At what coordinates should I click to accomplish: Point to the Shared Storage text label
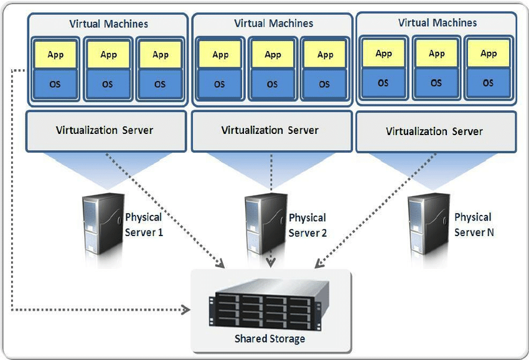pos(269,339)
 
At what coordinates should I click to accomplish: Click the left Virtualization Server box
pos(105,130)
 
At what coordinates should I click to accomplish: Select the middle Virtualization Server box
pos(270,130)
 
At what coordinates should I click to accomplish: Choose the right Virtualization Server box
pos(434,131)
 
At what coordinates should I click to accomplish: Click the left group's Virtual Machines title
pos(108,24)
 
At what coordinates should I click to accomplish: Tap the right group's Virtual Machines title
pos(437,22)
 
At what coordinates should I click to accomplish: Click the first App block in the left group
pos(55,54)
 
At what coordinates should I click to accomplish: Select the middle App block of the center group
pos(273,54)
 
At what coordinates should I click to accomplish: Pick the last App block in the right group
pos(489,53)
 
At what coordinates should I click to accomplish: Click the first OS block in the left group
pos(55,84)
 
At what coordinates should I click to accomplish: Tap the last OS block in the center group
pos(325,84)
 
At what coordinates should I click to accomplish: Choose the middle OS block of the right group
pos(436,82)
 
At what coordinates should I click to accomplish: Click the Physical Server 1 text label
pos(144,224)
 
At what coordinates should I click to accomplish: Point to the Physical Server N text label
pos(473,224)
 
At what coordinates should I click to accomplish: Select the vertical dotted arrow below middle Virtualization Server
pos(270,174)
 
